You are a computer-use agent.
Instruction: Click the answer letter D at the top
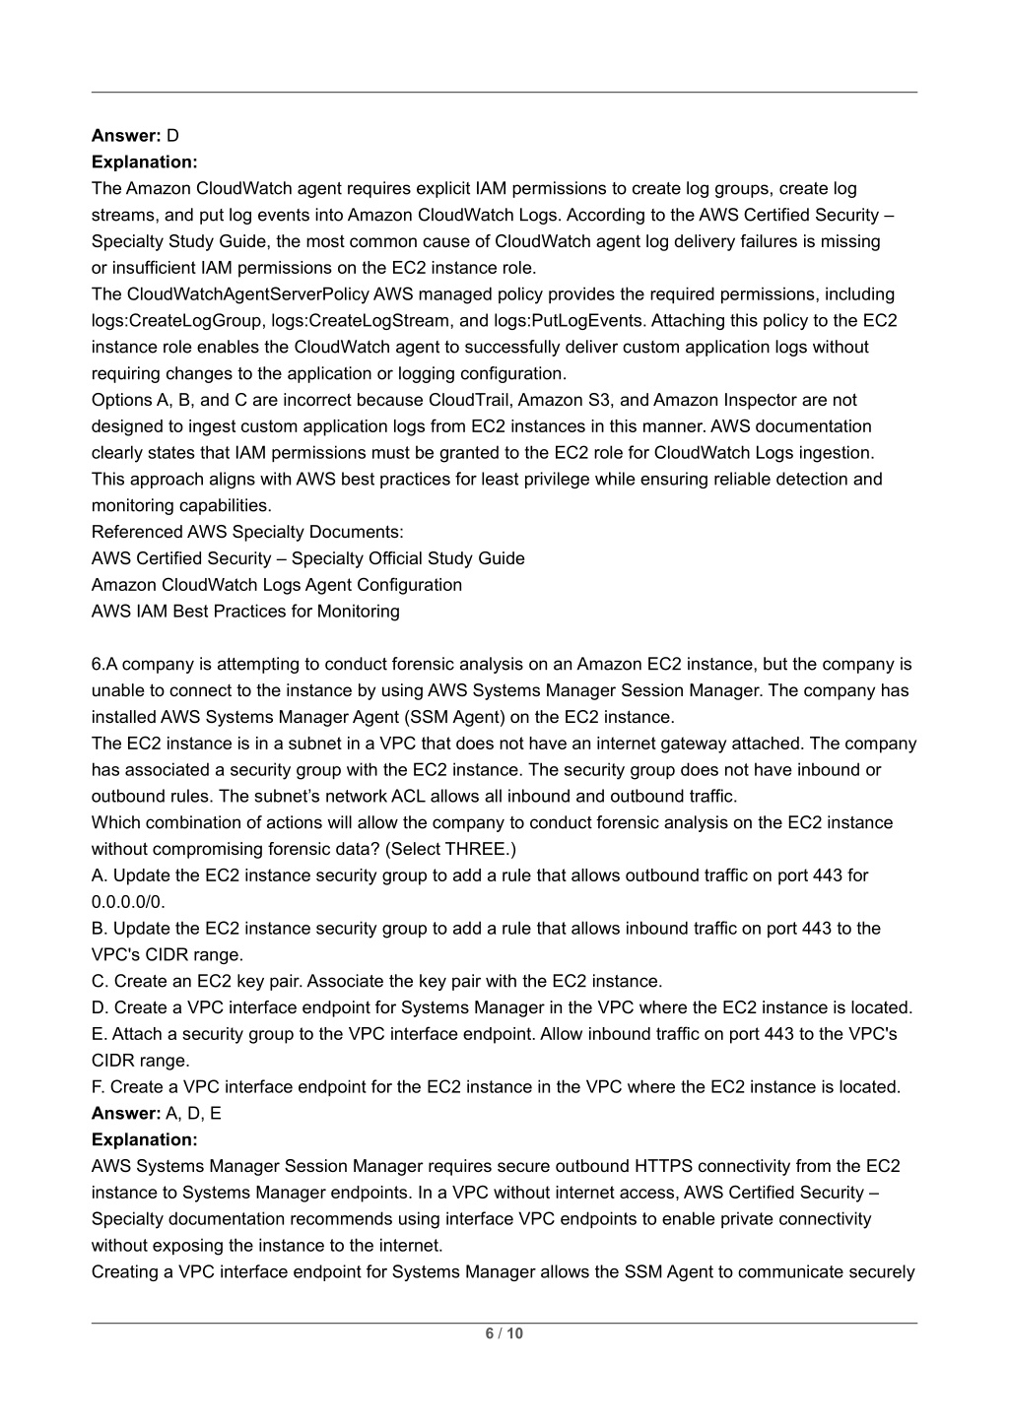click(172, 135)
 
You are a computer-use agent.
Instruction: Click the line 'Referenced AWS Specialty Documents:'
click(247, 532)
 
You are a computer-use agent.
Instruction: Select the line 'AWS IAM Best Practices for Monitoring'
click(245, 611)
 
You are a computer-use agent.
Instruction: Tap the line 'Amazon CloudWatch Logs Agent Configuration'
click(277, 585)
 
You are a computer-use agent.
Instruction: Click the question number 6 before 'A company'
click(97, 664)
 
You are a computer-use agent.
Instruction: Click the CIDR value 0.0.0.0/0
click(129, 902)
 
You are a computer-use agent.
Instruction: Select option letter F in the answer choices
click(97, 1087)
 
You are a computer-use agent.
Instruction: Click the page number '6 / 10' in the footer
click(504, 1333)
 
